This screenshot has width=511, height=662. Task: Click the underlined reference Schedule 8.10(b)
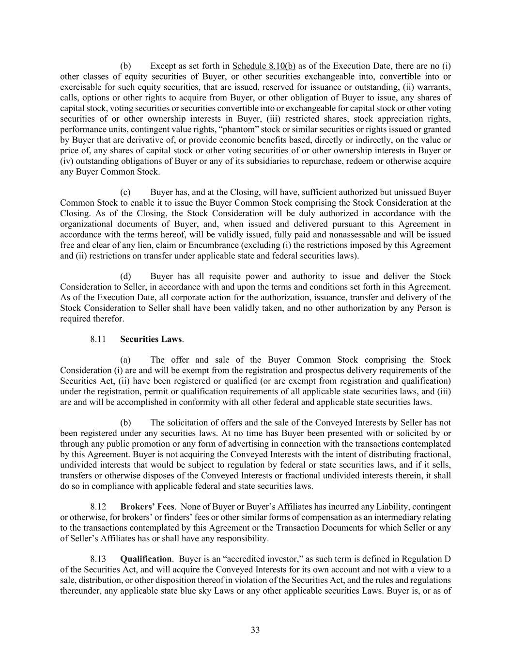click(264, 66)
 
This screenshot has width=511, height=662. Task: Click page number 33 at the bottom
click(255, 630)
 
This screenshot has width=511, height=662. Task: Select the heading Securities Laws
click(151, 339)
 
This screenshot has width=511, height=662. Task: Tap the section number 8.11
click(98, 339)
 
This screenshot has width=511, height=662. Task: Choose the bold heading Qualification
click(146, 559)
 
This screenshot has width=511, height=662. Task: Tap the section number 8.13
click(98, 559)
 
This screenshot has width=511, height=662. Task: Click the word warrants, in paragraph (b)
click(434, 87)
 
